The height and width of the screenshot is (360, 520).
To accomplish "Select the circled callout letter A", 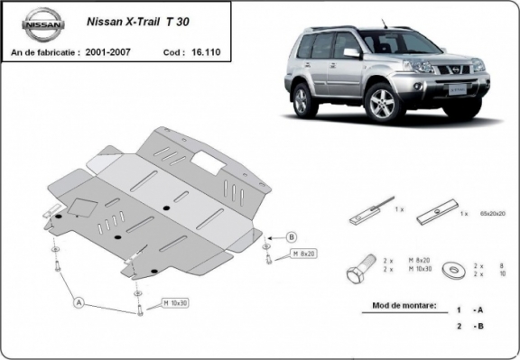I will pos(79,301).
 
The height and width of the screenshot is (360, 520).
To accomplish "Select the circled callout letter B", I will pos(292,237).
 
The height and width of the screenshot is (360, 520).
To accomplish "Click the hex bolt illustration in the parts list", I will pos(357,272).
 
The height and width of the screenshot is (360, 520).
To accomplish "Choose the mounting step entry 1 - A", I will pos(467,307).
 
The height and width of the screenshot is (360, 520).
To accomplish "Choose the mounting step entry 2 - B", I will pos(467,326).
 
